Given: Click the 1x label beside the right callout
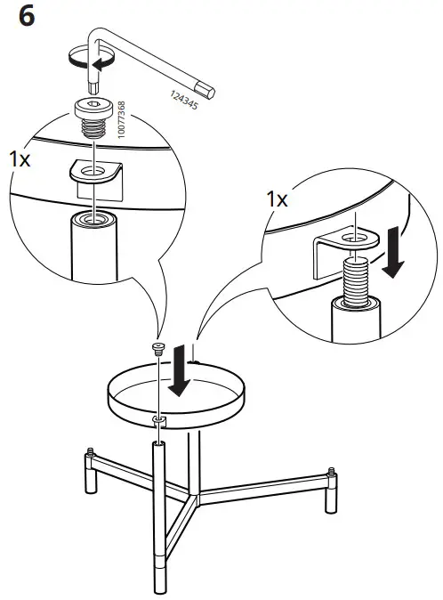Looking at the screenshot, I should point(278,200).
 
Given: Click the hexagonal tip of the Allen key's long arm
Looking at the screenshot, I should point(212,90).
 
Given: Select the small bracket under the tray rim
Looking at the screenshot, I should point(159,418).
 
